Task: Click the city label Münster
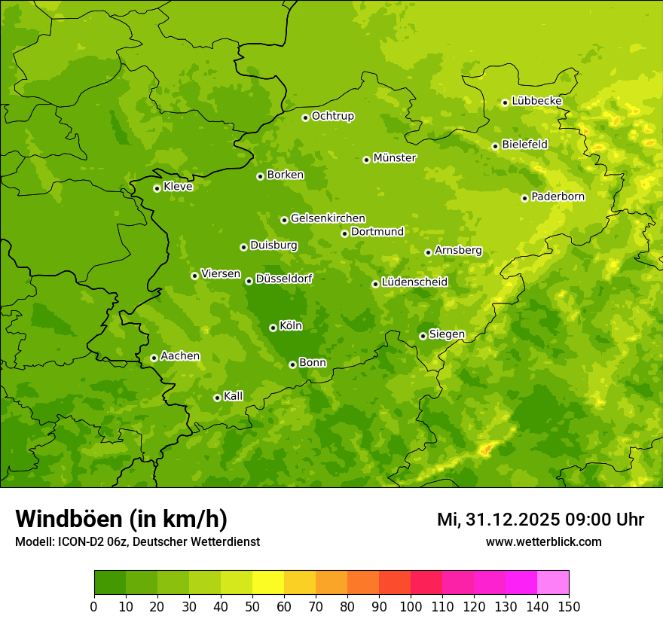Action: point(395,158)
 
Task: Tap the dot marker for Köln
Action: point(273,328)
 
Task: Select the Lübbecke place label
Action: point(536,101)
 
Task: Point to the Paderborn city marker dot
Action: point(524,198)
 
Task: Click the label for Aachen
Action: point(180,356)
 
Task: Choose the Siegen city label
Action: point(447,334)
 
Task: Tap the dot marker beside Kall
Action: point(217,398)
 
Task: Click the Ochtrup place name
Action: point(333,116)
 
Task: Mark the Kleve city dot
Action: point(157,188)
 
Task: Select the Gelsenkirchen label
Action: point(328,218)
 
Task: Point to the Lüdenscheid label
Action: point(414,282)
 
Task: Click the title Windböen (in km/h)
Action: point(121,519)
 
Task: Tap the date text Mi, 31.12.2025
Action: point(497,520)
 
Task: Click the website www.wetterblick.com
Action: point(543,541)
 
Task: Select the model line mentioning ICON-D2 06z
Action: point(137,541)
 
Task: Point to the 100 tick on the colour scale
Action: point(411,606)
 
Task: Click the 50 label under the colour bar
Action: point(252,606)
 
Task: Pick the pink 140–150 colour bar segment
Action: point(553,583)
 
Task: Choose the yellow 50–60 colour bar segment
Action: point(268,583)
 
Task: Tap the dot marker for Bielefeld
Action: point(495,146)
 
